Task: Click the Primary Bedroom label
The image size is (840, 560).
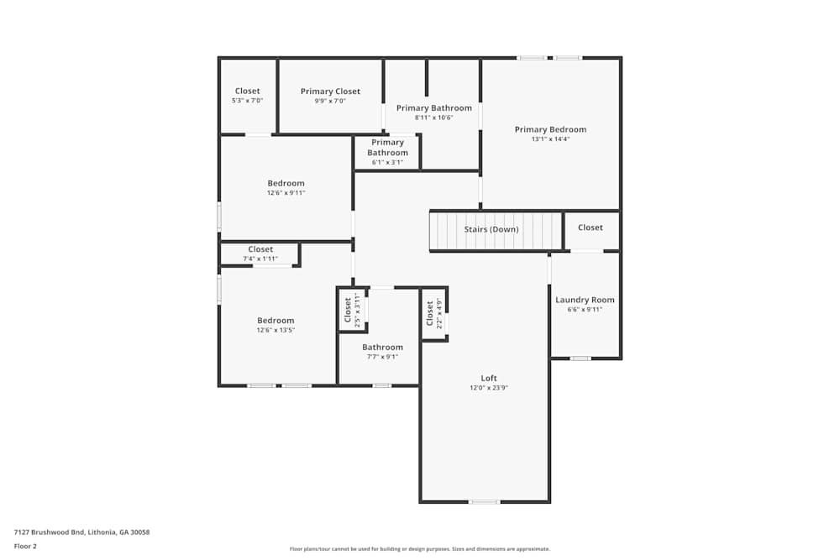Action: point(550,129)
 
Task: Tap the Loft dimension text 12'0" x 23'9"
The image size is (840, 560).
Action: point(489,388)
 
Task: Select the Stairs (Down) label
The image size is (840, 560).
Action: point(491,229)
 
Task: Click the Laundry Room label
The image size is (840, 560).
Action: point(585,300)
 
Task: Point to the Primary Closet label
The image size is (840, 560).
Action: point(330,92)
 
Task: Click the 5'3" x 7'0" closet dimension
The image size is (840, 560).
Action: point(247,101)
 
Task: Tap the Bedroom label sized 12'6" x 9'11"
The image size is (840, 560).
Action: point(286,183)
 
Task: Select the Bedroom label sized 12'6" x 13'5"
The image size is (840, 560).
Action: point(276,320)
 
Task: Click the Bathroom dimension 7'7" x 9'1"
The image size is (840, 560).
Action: point(382,357)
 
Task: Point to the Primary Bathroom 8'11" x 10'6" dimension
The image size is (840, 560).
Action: point(433,118)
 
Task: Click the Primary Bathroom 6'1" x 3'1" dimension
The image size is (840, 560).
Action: point(387,162)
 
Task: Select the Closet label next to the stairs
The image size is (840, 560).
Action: point(590,228)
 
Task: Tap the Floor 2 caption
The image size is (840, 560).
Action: point(25,546)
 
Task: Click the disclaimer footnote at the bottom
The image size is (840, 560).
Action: point(419,548)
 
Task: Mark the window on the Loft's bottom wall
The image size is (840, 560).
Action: point(484,502)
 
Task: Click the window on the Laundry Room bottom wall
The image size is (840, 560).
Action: point(580,359)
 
